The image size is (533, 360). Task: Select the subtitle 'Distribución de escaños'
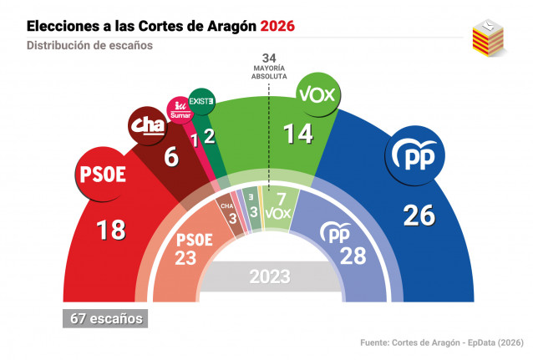89,46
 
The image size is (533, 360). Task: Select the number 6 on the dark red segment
171,155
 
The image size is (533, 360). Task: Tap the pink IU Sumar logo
180,109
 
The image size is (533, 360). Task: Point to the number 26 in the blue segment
418,215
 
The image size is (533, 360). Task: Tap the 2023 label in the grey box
269,276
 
